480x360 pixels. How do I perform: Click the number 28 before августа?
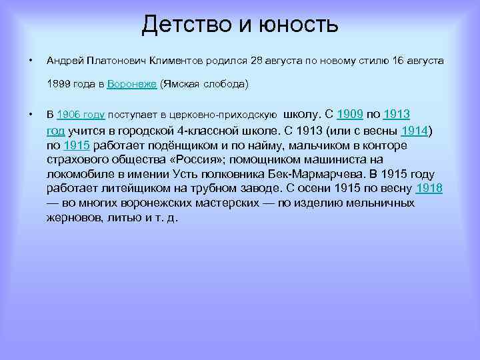pyautogui.click(x=256, y=61)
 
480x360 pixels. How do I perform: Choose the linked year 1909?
pyautogui.click(x=349, y=114)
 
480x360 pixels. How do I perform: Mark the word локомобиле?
pyautogui.click(x=78, y=174)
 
